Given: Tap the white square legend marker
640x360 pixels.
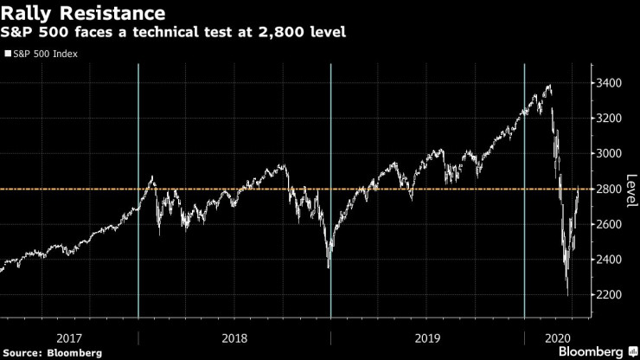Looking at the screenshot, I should pos(8,54).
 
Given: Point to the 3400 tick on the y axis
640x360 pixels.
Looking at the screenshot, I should pos(609,83).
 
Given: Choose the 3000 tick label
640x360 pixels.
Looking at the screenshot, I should pos(609,153).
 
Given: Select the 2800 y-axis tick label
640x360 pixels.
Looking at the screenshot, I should pos(609,189).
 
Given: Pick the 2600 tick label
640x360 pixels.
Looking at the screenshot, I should pos(609,224).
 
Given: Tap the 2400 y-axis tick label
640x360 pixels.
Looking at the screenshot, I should pos(609,260).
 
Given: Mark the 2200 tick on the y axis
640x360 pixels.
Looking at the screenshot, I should pos(609,295).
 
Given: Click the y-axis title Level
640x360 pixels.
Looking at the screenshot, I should pos(630,189).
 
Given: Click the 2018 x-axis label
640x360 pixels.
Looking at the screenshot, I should pos(234,337).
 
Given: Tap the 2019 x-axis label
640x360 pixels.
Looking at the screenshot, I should pos(427,337).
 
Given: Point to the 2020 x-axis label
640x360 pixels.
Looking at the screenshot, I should pos(557,337).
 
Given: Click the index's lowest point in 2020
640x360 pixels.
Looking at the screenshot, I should pos(567,295).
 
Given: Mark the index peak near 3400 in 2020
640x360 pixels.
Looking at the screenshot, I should pos(550,86).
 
